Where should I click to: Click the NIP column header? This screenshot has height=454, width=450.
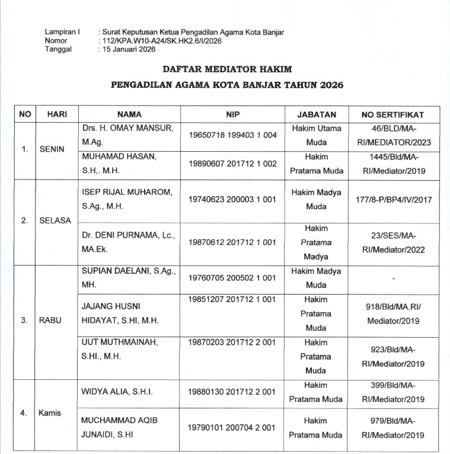pyautogui.click(x=232, y=114)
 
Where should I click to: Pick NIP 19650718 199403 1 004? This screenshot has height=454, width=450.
pyautogui.click(x=233, y=135)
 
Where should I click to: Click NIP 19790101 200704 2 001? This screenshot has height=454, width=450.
pyautogui.click(x=233, y=427)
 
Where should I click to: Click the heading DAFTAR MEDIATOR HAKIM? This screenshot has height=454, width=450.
pyautogui.click(x=227, y=69)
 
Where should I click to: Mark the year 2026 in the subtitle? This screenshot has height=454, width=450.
pyautogui.click(x=330, y=85)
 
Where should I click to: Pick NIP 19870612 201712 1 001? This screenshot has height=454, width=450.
pyautogui.click(x=233, y=242)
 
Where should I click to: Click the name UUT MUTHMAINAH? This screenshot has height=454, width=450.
pyautogui.click(x=117, y=343)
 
